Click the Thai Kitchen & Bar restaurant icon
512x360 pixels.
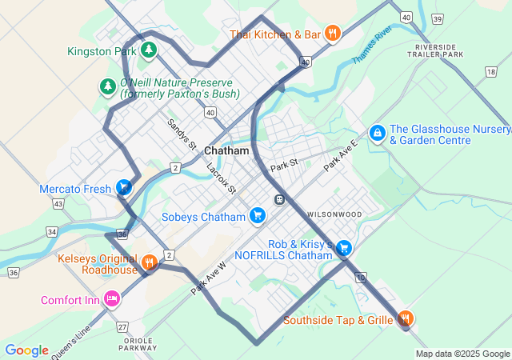[x=334, y=34]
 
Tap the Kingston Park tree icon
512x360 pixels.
[x=148, y=50]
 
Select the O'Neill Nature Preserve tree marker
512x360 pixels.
[x=107, y=86]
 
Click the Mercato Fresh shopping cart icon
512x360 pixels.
[x=124, y=188]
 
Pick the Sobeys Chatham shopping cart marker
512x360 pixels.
[x=257, y=216]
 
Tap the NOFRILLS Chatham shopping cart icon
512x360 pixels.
[x=344, y=248]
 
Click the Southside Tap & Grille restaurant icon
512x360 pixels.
[x=406, y=319]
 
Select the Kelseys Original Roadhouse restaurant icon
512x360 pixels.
[x=149, y=262]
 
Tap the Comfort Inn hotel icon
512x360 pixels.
[x=112, y=299]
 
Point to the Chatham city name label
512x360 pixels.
[x=227, y=150]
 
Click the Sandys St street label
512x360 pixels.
[x=182, y=134]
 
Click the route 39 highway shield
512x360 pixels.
[x=436, y=18]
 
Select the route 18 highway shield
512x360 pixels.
[x=490, y=73]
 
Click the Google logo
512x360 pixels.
[x=26, y=350]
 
